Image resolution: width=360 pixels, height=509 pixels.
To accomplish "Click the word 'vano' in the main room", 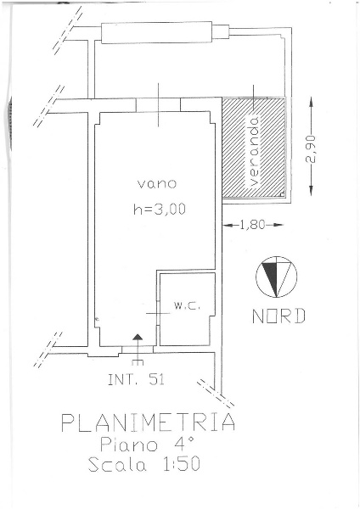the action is (x=157, y=184).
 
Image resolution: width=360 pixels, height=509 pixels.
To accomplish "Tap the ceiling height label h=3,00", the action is (x=160, y=209).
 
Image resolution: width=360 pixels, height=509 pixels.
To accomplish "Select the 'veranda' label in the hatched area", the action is (x=255, y=151).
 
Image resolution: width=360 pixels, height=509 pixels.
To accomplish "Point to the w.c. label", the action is (x=186, y=305).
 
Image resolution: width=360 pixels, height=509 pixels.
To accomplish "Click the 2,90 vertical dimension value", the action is (x=311, y=149).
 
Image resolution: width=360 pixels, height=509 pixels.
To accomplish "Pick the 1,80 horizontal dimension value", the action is (x=252, y=225).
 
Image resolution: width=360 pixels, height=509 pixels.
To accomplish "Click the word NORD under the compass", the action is (x=278, y=316).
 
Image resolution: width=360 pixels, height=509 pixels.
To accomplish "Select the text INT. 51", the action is (x=136, y=379).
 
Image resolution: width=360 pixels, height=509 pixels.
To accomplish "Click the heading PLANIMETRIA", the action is (x=148, y=422).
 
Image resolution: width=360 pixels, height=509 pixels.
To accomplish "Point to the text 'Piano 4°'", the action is (x=147, y=445).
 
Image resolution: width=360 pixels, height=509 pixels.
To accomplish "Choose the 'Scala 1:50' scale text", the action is (x=144, y=464).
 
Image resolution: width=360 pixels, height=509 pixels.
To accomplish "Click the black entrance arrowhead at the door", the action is (x=138, y=337).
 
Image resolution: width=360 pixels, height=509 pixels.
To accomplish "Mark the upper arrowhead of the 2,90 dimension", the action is (x=312, y=101).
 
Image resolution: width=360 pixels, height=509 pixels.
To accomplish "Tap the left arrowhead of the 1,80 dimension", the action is (x=228, y=225).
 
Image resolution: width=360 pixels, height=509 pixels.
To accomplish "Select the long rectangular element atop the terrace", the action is (x=156, y=32).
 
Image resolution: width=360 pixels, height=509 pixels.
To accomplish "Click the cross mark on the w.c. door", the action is (x=158, y=313).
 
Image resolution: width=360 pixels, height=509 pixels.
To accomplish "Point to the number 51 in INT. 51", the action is (x=157, y=379).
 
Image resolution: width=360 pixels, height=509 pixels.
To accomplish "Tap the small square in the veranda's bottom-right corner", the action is (x=282, y=194).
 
